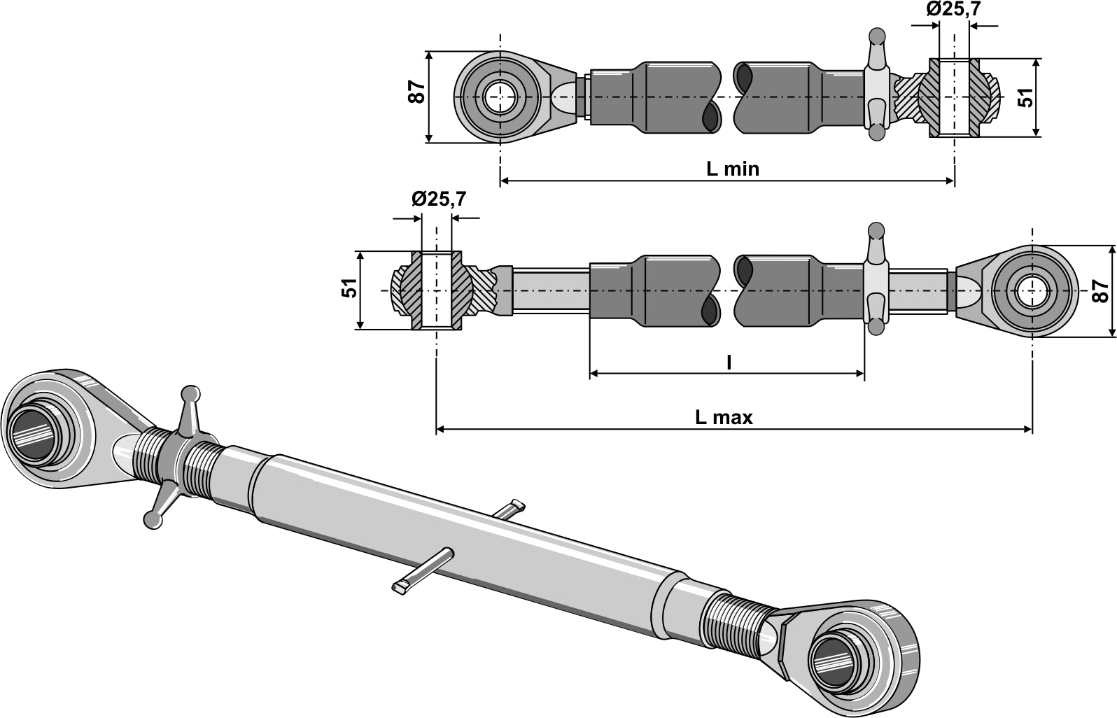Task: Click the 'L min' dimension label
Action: [x=732, y=169]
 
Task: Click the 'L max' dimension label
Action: [x=723, y=418]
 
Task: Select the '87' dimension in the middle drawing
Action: [x=1101, y=290]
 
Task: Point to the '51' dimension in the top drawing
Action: [x=1026, y=97]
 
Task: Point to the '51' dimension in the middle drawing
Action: [x=349, y=288]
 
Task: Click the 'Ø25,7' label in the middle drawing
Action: [x=439, y=199]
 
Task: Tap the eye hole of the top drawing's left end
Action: [x=500, y=97]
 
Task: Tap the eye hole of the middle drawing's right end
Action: [x=1032, y=290]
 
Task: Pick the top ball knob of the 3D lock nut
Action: [x=190, y=395]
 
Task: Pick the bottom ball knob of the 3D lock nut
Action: [x=150, y=519]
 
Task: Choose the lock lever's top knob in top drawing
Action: [x=876, y=36]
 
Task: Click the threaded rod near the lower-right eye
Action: [x=735, y=612]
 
